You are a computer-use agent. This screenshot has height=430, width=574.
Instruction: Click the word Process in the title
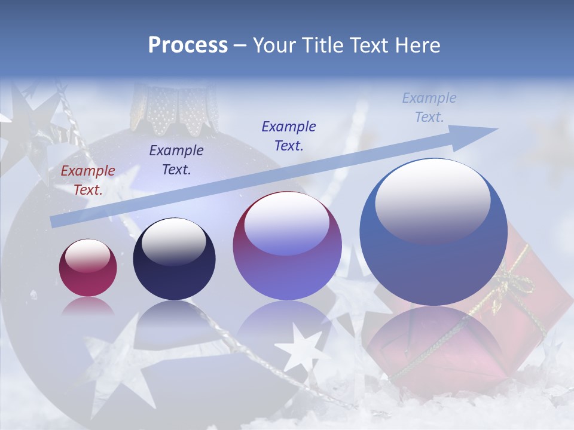[188, 45]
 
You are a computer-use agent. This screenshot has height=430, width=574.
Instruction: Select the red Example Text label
[88, 180]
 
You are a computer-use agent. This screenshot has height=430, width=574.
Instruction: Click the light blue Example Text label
[429, 107]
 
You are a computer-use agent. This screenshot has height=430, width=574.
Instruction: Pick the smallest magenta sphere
[88, 268]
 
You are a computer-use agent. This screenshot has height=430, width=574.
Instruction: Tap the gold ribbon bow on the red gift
[513, 281]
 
